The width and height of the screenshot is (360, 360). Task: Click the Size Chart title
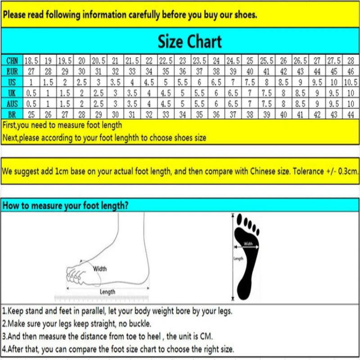pos(189,42)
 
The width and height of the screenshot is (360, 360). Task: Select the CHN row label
pos(12,61)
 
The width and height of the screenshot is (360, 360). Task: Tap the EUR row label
pos(12,71)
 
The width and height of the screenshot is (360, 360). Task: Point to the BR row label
pos(12,115)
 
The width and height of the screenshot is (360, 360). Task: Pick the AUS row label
pos(12,104)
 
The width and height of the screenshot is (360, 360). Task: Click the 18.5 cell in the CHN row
pos(31,61)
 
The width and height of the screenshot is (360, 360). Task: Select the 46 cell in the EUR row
pos(351,71)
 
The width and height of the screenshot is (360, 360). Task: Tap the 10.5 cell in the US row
pos(351,82)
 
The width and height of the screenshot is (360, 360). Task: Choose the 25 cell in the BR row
pos(31,115)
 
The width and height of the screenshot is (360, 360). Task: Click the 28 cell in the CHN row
pos(351,61)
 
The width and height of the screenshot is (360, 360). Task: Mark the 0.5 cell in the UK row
pos(31,93)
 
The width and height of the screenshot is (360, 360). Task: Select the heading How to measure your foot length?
pos(66,206)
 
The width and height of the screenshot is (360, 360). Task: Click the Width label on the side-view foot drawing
pos(100,269)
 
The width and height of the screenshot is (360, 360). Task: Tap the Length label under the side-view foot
pos(107,292)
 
